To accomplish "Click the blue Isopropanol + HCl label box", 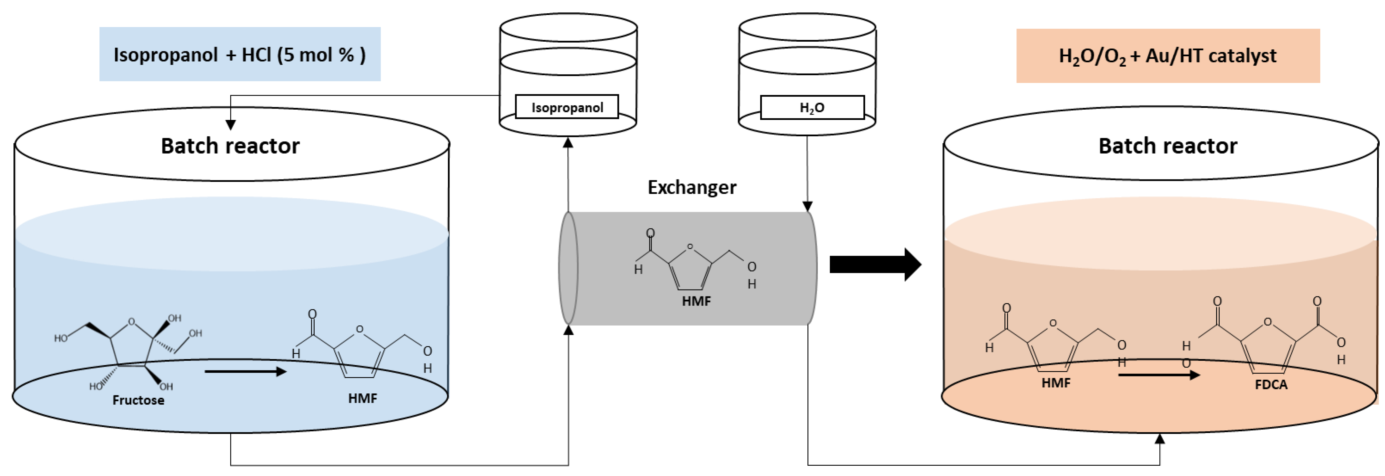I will pos(240,54).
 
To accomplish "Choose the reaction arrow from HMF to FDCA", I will pos(1159,374).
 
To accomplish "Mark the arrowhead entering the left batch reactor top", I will pos(231,125).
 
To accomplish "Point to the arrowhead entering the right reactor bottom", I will pos(1160,439).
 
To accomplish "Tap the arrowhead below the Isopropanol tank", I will pos(568,142).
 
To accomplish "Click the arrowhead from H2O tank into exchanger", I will pos(807,206).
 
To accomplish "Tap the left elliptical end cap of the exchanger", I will pos(568,268).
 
